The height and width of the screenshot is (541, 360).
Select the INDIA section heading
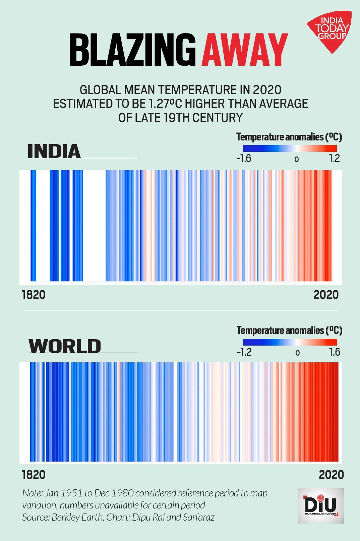pos(54,152)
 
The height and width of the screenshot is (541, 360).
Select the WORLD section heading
pos(65,346)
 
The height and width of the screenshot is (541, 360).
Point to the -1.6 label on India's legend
pos(244,158)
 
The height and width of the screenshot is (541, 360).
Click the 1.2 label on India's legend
pos(334,158)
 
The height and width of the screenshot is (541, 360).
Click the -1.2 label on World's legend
pos(244,352)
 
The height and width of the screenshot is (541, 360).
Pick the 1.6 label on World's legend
pos(334,352)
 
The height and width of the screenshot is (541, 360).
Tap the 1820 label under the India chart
pos(34,295)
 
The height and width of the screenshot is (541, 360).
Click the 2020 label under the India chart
pos(326,295)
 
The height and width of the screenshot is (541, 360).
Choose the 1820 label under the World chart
pos(34,475)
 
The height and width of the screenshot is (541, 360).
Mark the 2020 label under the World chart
pos(331,475)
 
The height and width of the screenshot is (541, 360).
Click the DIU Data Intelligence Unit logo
pos(320,505)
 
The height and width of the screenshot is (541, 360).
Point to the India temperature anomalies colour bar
pos(290,148)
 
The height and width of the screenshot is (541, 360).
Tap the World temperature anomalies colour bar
pos(290,342)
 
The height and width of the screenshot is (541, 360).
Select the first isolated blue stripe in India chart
pos(33,225)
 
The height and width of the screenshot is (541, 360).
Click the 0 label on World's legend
pos(297,353)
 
